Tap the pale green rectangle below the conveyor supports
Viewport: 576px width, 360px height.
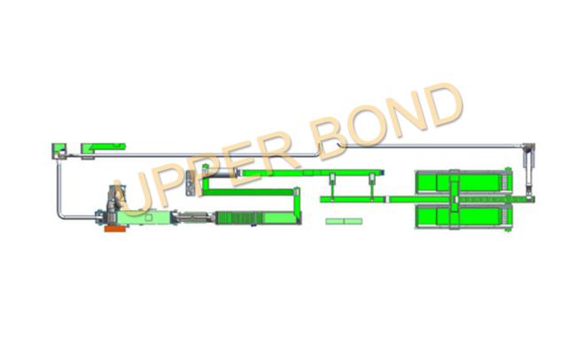pos(345,221)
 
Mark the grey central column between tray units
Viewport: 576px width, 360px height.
pos(453,200)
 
